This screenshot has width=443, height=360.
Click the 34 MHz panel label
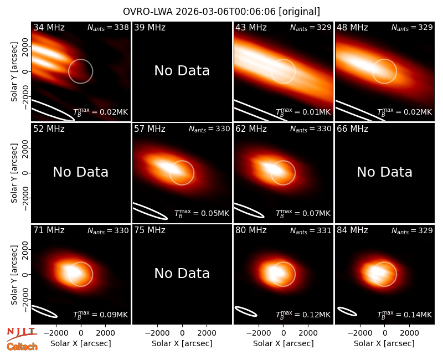[x=49, y=27]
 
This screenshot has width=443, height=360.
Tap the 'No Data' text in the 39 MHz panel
[x=182, y=70]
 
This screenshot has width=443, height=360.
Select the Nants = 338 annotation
[x=108, y=27]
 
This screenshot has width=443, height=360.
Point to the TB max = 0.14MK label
[x=405, y=314]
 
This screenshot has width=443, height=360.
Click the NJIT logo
[x=22, y=334]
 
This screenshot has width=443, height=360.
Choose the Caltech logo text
[x=22, y=347]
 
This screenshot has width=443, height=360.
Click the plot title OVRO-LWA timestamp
[x=221, y=12]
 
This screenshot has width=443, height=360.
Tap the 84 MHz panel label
[x=352, y=230]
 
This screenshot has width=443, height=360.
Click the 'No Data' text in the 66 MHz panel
[x=384, y=172]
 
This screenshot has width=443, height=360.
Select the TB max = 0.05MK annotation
[x=202, y=213]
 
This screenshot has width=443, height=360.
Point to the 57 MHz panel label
[x=150, y=129]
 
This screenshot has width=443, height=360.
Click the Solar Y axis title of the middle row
[x=14, y=173]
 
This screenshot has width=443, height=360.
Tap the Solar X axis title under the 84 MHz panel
[x=384, y=343]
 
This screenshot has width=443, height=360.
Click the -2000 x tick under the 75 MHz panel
[x=157, y=333]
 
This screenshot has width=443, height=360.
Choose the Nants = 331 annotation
[x=311, y=230]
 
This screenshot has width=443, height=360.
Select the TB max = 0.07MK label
[x=303, y=213]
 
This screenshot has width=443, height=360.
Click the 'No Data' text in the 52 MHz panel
[x=80, y=172]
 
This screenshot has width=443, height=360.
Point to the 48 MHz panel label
[x=352, y=27]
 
